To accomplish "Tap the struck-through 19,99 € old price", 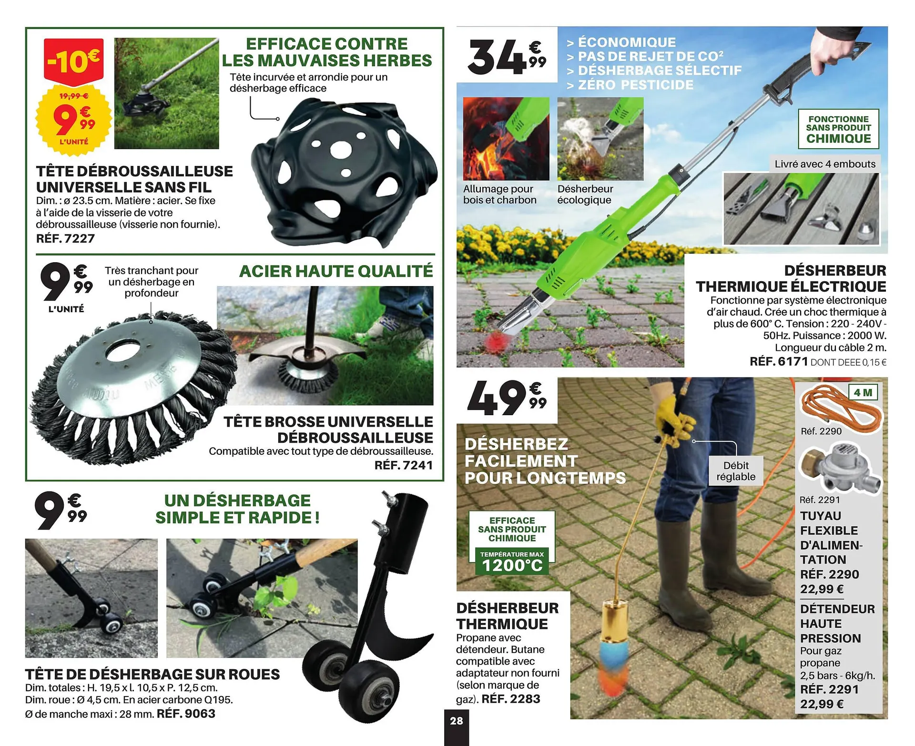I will [x=73, y=96].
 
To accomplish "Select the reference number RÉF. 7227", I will [x=65, y=238].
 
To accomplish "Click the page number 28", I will [x=456, y=721].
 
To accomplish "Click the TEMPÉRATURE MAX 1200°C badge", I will [x=512, y=562].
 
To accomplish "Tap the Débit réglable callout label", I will [x=736, y=471].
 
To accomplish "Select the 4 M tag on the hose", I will [x=863, y=392].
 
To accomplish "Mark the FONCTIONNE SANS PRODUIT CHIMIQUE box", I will [x=838, y=129].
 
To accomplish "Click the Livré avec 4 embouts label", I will [x=825, y=164].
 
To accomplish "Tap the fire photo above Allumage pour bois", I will [x=506, y=139].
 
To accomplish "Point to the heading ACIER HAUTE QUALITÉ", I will [x=336, y=271].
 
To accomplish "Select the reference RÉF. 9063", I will [x=186, y=714].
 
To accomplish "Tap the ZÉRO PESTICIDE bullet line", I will [x=630, y=85].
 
